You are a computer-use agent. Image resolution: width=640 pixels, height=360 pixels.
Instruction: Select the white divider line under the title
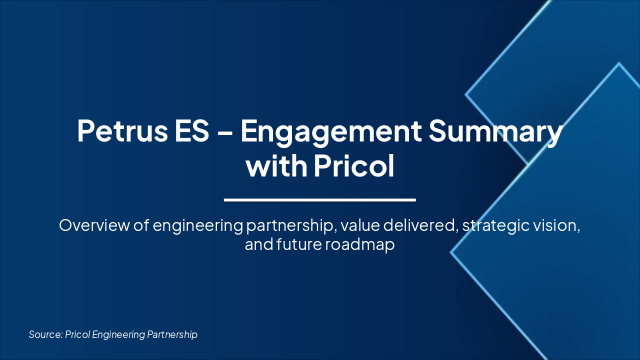pyautogui.click(x=320, y=199)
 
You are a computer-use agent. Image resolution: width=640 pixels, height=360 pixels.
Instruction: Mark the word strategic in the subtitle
pyautogui.click(x=496, y=226)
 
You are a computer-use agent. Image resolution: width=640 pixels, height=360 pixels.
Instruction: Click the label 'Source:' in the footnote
pyautogui.click(x=45, y=334)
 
